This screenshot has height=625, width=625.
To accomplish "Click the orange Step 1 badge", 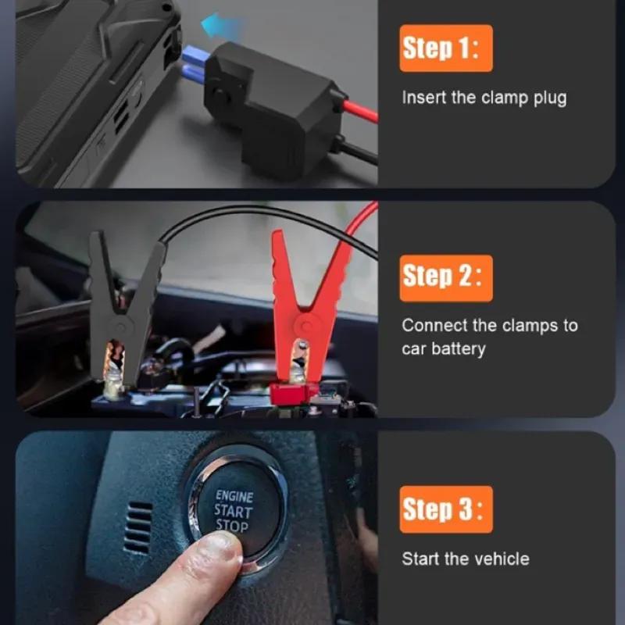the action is coord(446,48).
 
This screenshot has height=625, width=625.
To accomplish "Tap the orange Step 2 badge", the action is coord(446,278).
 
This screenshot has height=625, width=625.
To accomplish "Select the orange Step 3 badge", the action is coord(446,509).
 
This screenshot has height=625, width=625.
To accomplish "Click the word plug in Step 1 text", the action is coord(550,98).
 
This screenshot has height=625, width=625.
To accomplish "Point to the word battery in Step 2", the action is coord(459,348).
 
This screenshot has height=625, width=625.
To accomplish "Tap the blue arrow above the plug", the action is coord(221,25).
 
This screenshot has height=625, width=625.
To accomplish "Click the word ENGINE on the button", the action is coord(234,496).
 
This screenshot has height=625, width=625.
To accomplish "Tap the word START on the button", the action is coord(233,511).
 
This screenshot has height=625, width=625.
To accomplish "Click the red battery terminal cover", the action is coord(290,393).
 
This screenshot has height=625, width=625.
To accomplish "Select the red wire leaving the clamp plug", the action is coord(361,111).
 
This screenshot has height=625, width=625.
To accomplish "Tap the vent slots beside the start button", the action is coord(137,528).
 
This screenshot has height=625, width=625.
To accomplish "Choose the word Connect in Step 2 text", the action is coord(434,326).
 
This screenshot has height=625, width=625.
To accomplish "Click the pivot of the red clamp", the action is coord(305,326).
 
